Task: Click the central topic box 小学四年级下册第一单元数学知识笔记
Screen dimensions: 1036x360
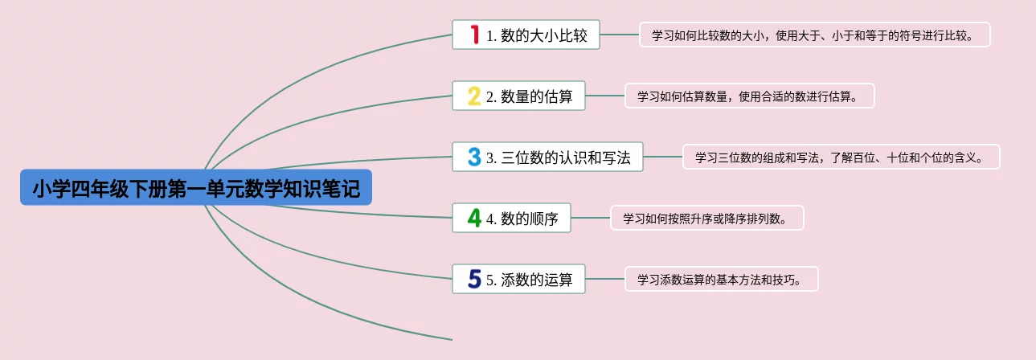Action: click(196, 187)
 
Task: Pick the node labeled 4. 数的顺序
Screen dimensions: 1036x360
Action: click(522, 218)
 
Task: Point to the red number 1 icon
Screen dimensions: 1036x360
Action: click(474, 35)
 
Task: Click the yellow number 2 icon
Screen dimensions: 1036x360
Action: click(474, 96)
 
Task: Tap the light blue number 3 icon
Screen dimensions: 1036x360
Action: click(474, 157)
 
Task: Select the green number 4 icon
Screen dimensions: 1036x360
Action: click(474, 218)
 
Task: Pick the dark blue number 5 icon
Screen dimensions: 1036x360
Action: click(474, 279)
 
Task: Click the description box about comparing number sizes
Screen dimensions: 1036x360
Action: click(815, 35)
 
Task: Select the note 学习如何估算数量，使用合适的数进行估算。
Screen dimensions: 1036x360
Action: click(749, 96)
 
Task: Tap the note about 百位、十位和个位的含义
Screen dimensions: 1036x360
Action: click(841, 157)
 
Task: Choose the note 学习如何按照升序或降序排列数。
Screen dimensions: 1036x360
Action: click(707, 218)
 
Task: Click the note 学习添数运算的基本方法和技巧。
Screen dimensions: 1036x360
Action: click(721, 279)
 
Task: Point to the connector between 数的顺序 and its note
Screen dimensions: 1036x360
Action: click(591, 218)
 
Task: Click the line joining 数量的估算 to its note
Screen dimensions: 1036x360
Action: click(604, 96)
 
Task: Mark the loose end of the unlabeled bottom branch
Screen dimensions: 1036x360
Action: click(451, 339)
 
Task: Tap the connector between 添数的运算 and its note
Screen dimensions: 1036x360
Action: click(604, 279)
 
